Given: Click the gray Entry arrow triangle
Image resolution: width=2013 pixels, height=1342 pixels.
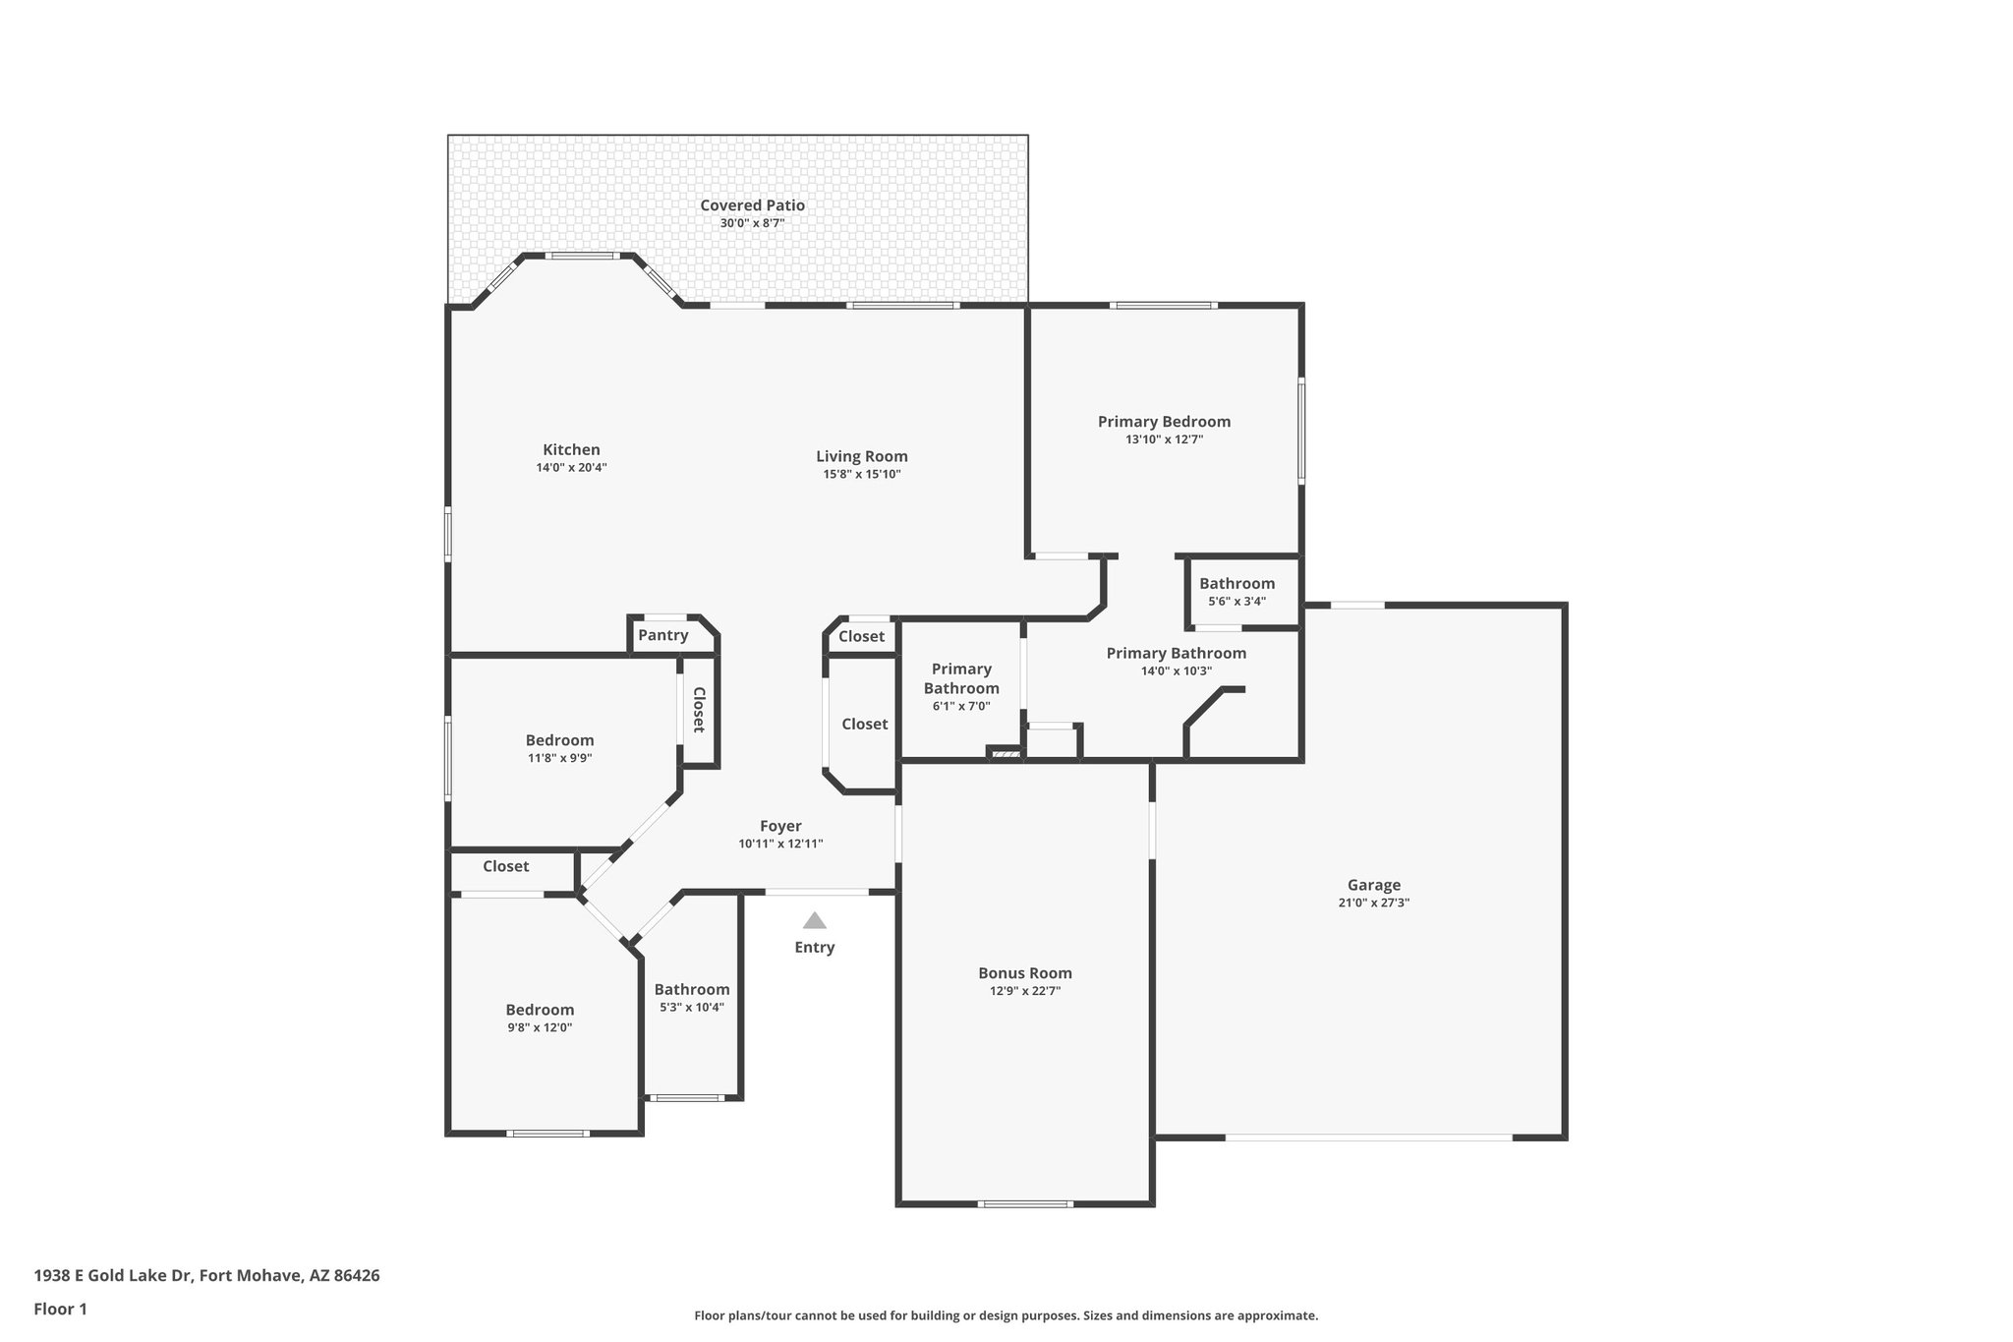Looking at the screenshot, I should [814, 920].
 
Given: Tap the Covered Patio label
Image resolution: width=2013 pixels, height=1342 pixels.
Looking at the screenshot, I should [752, 205].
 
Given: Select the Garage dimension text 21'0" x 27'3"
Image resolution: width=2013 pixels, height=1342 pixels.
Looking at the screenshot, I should [1373, 903].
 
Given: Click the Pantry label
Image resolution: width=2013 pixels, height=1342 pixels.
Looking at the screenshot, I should [662, 635].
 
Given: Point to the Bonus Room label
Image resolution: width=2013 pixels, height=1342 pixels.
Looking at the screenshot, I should [1024, 973].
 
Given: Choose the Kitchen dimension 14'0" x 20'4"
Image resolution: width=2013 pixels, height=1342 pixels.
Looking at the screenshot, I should [571, 468].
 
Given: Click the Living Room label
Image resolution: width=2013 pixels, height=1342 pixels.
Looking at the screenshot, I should [861, 456].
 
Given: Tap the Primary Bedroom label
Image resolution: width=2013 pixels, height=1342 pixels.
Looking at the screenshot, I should [1164, 422].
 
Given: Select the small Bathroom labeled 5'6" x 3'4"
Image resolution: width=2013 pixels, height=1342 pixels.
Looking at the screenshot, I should [1237, 584].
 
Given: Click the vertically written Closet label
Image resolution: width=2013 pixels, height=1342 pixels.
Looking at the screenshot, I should [699, 709].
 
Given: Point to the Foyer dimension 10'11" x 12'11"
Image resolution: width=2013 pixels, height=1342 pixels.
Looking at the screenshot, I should [780, 844].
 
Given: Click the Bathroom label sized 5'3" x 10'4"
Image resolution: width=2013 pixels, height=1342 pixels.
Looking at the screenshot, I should [692, 989].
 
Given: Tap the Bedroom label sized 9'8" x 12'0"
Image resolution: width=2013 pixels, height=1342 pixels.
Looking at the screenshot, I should [540, 1010].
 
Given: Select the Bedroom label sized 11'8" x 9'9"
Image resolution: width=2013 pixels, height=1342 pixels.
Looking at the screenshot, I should [559, 740].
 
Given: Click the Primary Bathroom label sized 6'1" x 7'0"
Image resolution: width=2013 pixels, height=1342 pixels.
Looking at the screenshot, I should [961, 678].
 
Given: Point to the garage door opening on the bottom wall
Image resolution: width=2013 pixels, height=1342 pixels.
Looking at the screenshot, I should [1367, 1138].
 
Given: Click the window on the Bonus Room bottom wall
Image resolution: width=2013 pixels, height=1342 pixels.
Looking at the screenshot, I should [1024, 1203].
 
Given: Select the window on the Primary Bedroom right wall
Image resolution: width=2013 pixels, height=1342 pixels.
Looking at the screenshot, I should [1301, 431].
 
